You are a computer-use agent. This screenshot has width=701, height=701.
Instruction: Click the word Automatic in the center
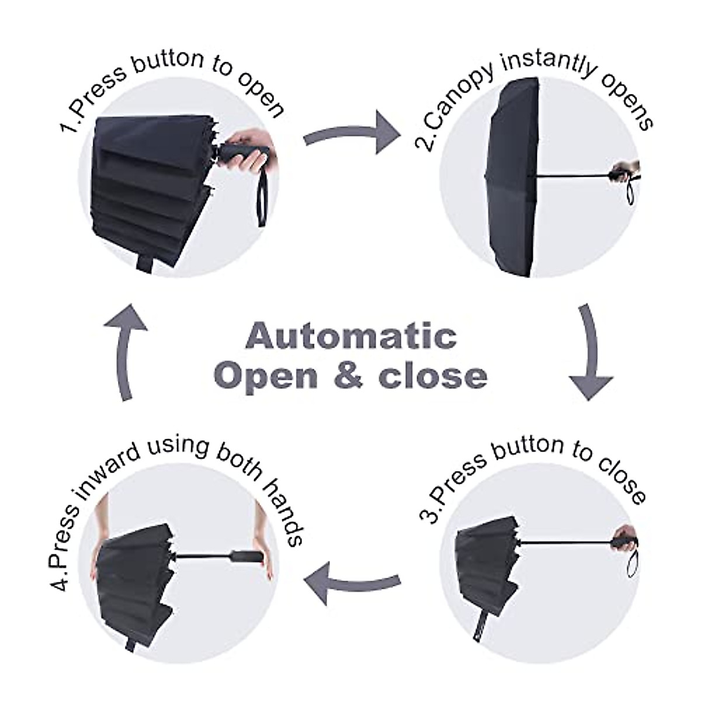point(351,336)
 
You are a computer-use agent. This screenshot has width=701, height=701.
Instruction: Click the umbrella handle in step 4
point(246,556)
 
